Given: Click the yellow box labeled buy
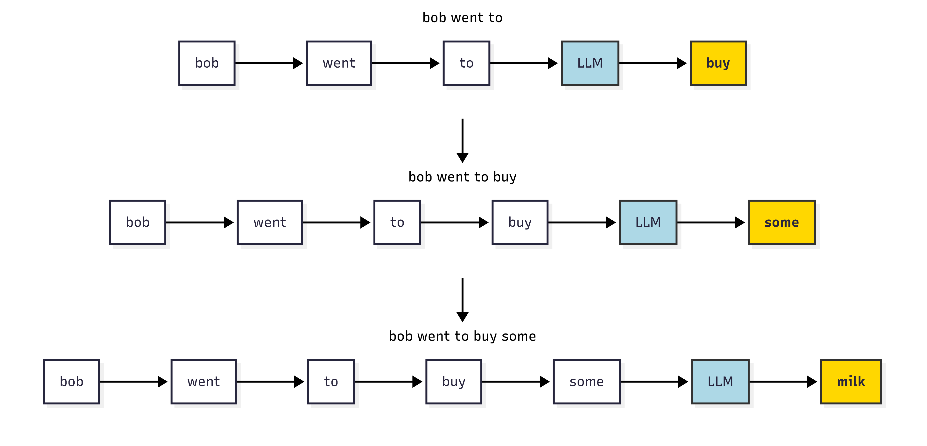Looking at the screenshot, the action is pyautogui.click(x=718, y=63).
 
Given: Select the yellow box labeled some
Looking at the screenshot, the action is pyautogui.click(x=782, y=222).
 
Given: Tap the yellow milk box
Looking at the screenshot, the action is pyautogui.click(x=851, y=382).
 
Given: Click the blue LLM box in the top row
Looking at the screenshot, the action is pyautogui.click(x=590, y=63).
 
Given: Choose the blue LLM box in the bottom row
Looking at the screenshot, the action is pyautogui.click(x=720, y=382).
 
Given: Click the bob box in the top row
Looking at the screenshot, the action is pyautogui.click(x=207, y=63).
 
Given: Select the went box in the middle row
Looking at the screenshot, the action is pyautogui.click(x=270, y=222).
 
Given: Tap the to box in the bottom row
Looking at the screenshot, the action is pyautogui.click(x=331, y=382).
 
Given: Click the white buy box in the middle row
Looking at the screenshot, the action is pyautogui.click(x=520, y=222).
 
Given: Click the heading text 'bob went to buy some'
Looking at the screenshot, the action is pyautogui.click(x=463, y=336).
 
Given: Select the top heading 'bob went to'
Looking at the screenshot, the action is pyautogui.click(x=463, y=18).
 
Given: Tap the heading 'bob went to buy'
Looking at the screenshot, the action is pyautogui.click(x=463, y=177).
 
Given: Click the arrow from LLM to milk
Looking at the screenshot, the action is pyautogui.click(x=783, y=382).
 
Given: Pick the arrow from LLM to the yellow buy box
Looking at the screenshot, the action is pyautogui.click(x=653, y=63).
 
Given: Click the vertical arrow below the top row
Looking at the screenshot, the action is pyautogui.click(x=463, y=141).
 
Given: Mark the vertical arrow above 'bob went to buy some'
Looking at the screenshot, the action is pyautogui.click(x=463, y=300).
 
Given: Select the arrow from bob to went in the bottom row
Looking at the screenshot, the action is pyautogui.click(x=133, y=382).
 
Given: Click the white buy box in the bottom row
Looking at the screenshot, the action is pyautogui.click(x=454, y=382).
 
